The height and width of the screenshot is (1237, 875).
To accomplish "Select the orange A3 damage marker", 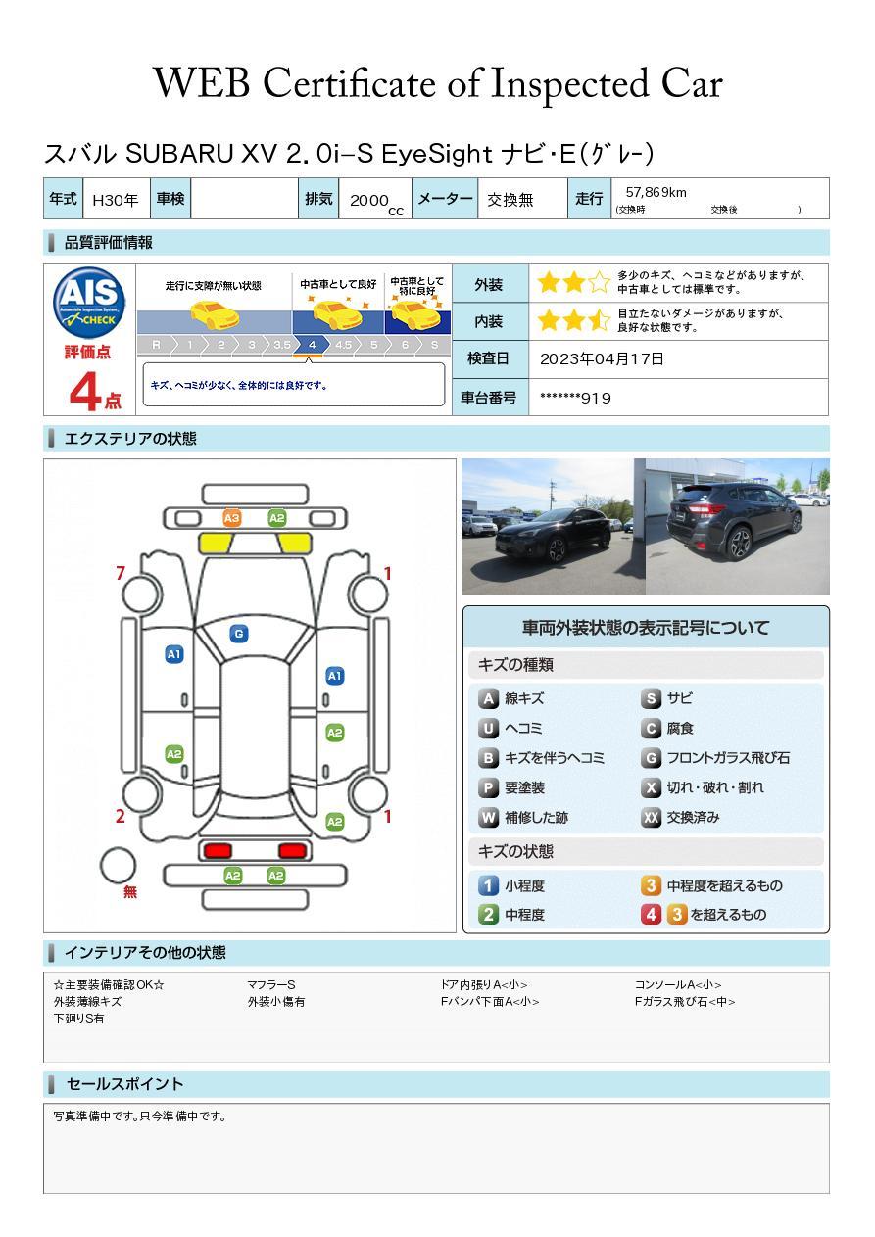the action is (232, 518).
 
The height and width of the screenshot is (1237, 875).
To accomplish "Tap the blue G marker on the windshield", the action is (239, 634).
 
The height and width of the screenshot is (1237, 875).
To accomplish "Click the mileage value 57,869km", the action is (656, 192).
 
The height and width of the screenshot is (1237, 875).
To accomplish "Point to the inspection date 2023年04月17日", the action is (602, 358).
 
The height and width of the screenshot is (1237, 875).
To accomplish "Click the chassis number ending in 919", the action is (575, 398).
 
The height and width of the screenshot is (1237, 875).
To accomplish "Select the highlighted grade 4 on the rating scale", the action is (313, 345).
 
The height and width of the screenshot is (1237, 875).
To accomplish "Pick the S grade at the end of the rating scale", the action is (435, 345).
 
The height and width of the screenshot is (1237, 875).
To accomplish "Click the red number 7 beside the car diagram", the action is (121, 573).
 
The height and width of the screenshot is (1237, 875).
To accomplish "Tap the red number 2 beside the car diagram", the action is (120, 816).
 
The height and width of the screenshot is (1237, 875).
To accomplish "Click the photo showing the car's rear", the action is (738, 527).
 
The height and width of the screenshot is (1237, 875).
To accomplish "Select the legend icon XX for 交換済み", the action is (651, 817).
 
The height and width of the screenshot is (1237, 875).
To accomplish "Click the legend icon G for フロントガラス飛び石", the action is (651, 758).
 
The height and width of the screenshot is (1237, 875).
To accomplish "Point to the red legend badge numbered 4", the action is (651, 915).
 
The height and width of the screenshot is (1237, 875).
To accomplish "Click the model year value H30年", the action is (116, 200).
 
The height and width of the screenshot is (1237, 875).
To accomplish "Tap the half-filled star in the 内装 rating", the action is (600, 320).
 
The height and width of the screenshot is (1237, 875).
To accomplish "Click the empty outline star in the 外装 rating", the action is (600, 283).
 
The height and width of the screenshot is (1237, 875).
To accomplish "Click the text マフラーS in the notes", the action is (271, 984).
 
